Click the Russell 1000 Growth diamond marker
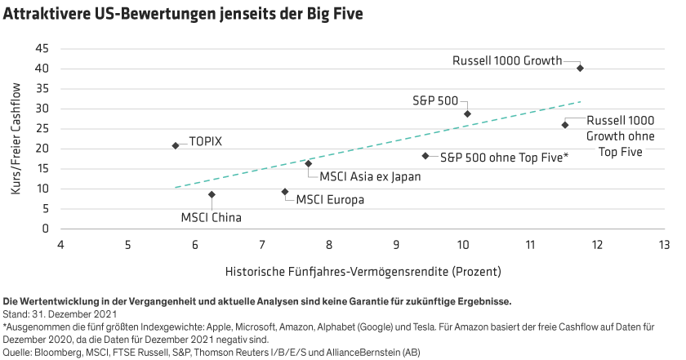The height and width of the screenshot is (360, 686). pos(580,69)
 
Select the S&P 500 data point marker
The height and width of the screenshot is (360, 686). pos(467,114)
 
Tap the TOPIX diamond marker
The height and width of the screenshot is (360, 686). pos(176,145)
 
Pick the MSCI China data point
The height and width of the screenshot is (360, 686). pos(212,194)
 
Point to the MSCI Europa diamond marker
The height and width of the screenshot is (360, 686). pos(284,191)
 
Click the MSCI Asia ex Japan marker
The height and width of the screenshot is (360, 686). pos(308,163)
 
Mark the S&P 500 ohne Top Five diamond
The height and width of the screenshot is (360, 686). pos(425,155)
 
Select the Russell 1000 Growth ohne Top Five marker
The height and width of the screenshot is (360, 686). pos(564,125)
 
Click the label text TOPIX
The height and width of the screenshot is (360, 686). pos(206,141)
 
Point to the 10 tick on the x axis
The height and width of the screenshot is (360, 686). pos(463,244)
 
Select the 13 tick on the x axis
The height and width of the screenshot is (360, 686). pos(663,244)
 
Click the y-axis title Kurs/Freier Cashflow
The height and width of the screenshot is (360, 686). pos(16,139)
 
